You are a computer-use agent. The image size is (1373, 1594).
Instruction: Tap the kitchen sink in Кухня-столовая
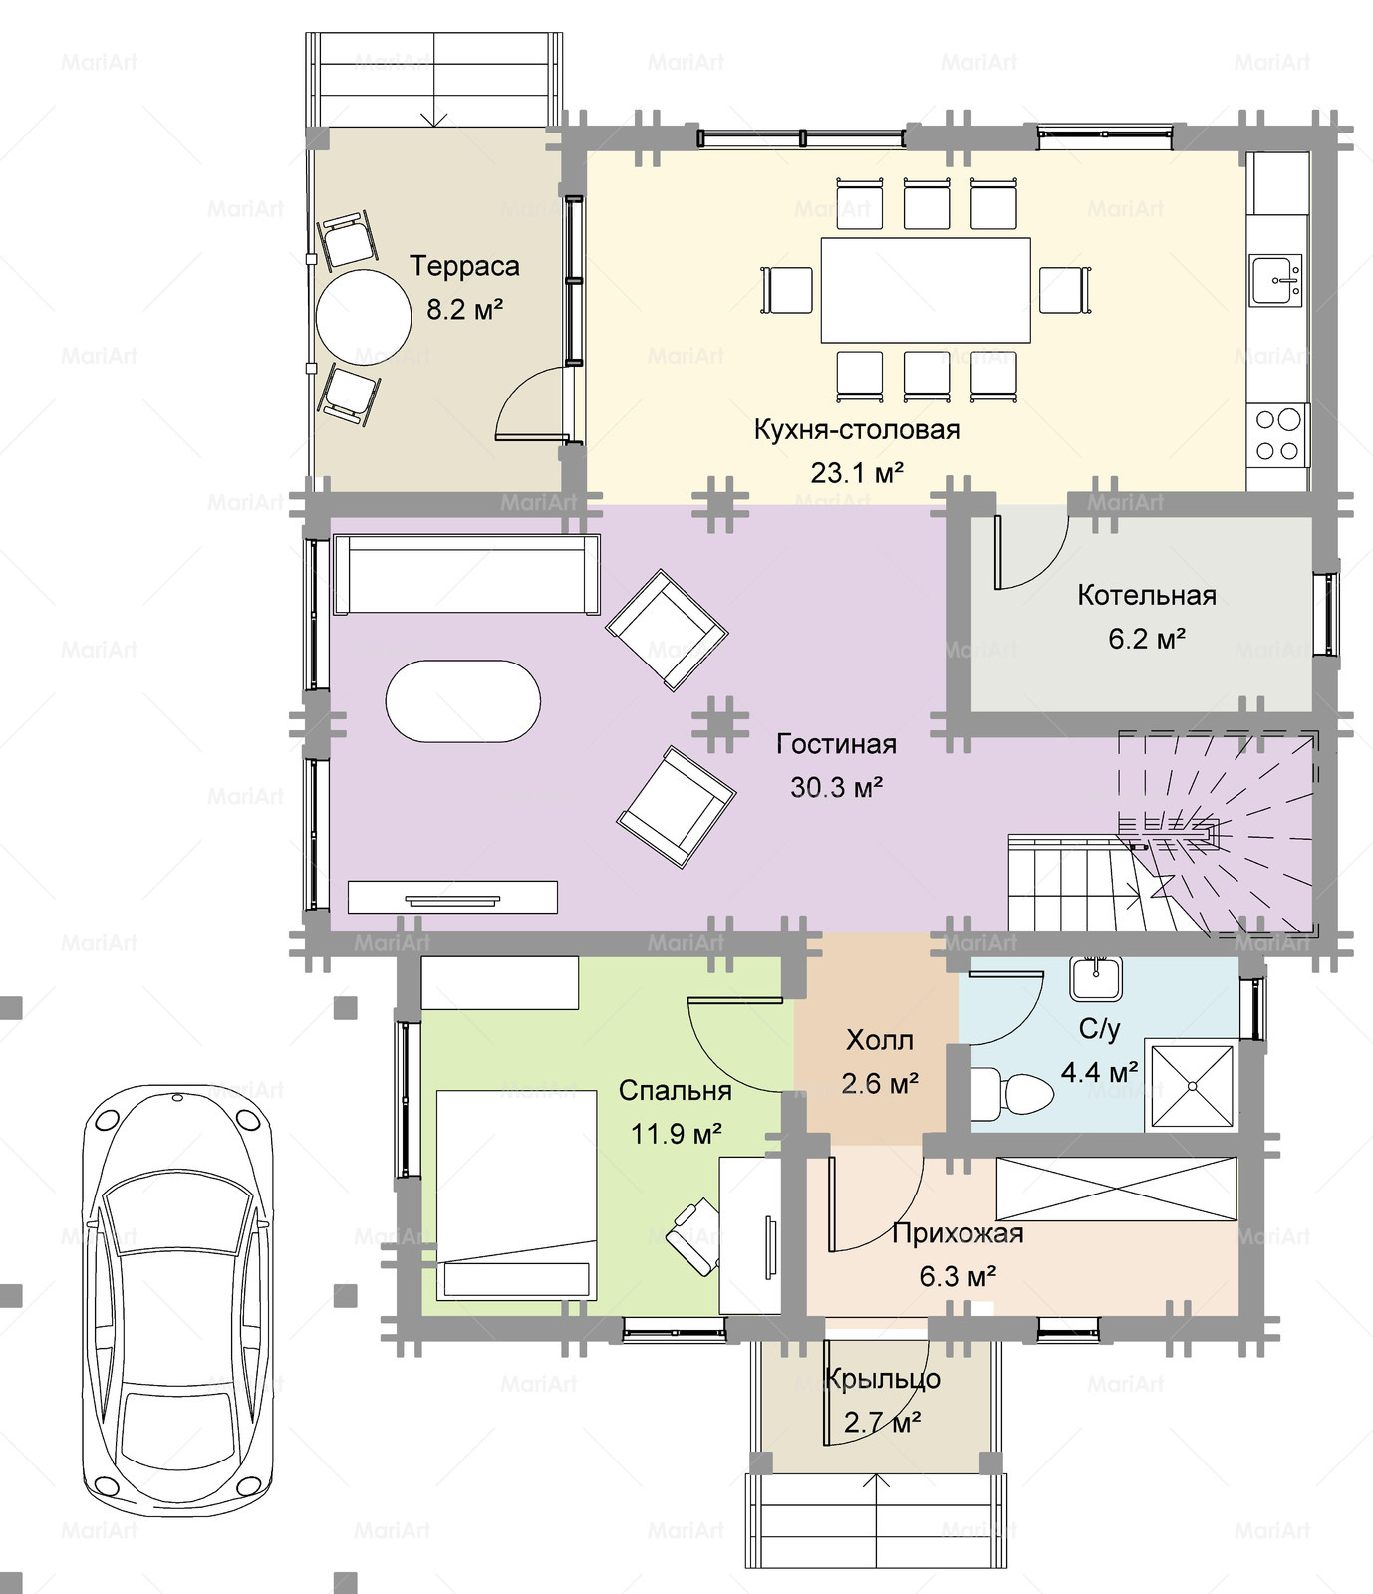point(1275,279)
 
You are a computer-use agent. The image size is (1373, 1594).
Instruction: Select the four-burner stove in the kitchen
point(1278,434)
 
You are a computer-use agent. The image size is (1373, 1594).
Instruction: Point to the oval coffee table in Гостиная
point(463,700)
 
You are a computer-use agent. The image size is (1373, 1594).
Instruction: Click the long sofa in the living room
point(466,574)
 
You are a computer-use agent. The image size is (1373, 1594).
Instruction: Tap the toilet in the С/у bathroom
point(1010,1093)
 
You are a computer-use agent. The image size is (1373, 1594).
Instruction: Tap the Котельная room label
point(1147,595)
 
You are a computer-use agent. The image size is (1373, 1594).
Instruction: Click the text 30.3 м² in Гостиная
point(837,787)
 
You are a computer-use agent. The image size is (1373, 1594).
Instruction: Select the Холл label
point(879,1040)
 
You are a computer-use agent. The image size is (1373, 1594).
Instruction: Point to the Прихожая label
point(958,1234)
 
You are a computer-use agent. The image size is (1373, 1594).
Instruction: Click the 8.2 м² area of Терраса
point(465,309)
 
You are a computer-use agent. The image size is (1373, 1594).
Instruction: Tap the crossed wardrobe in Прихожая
point(1116,1188)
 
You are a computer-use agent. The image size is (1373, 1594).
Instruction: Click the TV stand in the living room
point(452,897)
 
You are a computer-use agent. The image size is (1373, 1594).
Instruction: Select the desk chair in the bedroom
point(693,1235)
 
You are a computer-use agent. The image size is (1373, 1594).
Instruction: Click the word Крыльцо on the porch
point(884,1379)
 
